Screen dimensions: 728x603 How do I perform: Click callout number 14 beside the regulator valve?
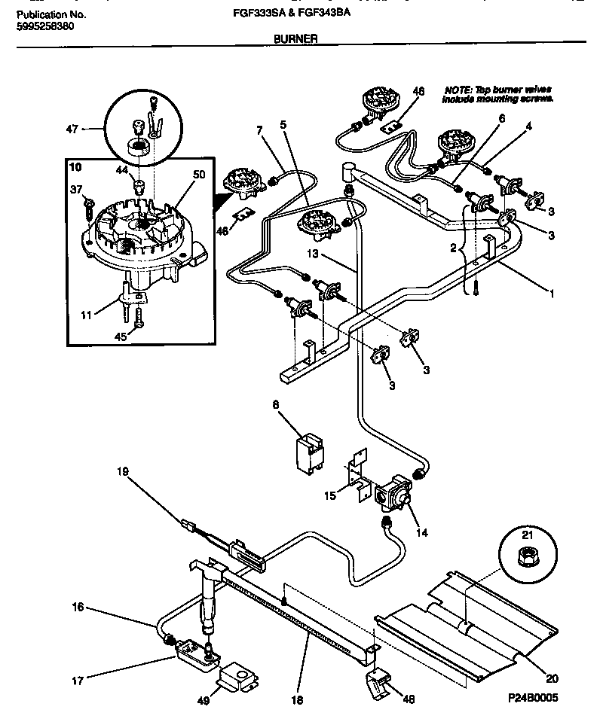(x=421, y=532)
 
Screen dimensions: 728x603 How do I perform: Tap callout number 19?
(x=122, y=472)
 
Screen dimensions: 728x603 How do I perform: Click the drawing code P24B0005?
(x=532, y=698)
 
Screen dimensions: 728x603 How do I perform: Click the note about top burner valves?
(x=497, y=94)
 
